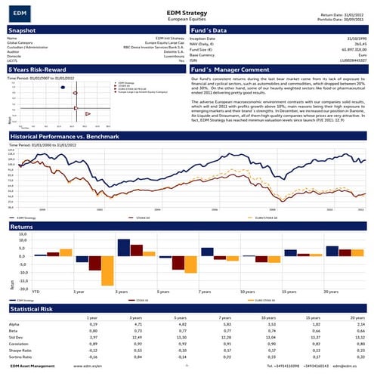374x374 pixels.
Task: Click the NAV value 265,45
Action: point(360,42)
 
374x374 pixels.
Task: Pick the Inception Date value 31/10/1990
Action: point(356,38)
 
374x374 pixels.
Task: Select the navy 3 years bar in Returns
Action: point(123,247)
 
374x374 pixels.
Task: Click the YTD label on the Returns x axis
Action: point(36,290)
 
